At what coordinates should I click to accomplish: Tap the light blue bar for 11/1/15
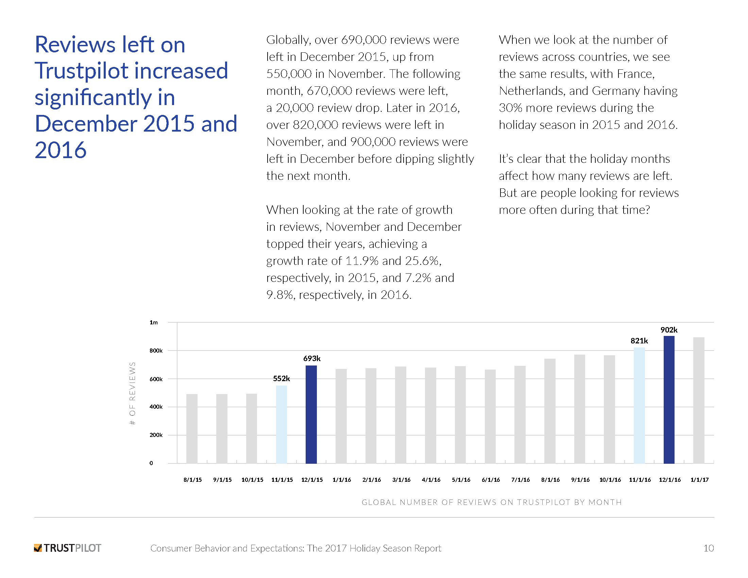coord(281,425)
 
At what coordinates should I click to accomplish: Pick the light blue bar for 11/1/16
coord(639,405)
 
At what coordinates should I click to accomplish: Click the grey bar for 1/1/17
coord(699,400)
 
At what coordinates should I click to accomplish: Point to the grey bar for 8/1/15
coord(192,429)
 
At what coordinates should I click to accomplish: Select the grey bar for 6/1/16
coord(490,417)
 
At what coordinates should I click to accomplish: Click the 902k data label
coord(669,330)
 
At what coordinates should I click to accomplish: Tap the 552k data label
coord(281,378)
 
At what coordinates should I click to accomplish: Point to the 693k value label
coord(312,358)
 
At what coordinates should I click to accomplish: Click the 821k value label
coord(639,341)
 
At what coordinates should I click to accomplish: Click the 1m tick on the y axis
coord(153,322)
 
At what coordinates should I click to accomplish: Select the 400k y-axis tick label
coord(156,407)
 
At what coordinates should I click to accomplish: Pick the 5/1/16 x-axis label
coord(461,480)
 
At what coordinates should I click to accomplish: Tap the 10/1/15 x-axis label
coord(252,480)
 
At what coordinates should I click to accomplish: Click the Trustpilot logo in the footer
coord(67,548)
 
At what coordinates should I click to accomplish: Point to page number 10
coord(708,548)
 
